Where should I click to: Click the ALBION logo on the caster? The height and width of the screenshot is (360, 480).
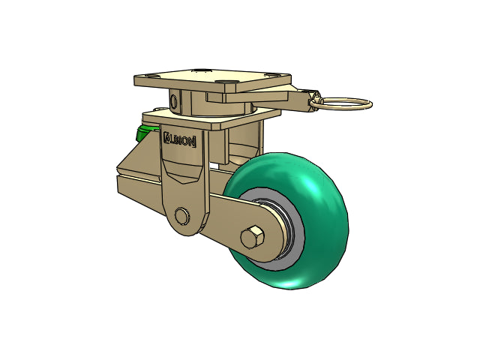click(x=180, y=139)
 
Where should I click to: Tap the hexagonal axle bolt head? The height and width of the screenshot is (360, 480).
click(x=252, y=237)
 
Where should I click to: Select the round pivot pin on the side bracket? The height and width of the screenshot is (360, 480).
click(x=181, y=216)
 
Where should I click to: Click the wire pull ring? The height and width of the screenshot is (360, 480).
click(x=343, y=103)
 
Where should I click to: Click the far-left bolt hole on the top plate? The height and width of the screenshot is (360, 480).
click(x=152, y=75)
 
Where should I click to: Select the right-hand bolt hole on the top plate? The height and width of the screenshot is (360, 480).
click(x=272, y=74)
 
